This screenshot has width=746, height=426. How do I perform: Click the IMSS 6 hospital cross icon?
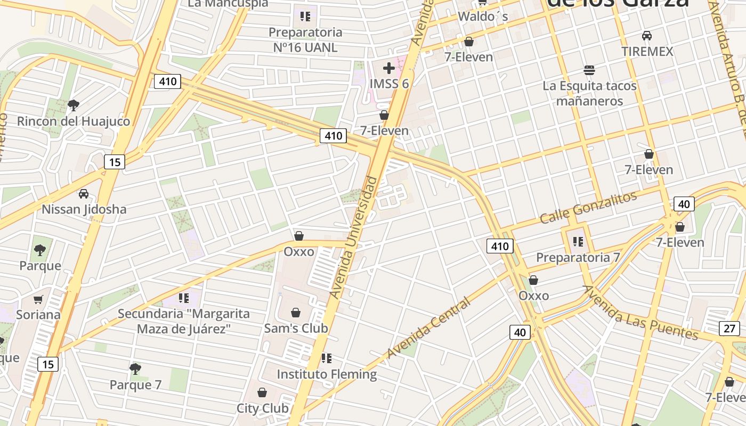pos(389,68)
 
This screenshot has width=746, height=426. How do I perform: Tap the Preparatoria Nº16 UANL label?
pos(305,40)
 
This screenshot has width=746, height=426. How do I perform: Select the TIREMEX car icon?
pos(646,36)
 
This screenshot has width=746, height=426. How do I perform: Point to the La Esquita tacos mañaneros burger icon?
pos(589,70)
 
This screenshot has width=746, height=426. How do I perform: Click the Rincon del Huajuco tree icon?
pos(74,105)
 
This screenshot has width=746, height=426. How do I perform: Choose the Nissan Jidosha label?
pos(84,209)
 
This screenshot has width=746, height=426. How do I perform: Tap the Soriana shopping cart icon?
pos(38,300)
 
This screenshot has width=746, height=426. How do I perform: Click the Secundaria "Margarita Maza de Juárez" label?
pos(184,321)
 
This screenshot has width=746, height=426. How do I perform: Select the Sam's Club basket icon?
pos(296,313)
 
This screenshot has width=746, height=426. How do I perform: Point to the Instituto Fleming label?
pos(327,374)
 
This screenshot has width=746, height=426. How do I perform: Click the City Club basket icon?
pos(262,392)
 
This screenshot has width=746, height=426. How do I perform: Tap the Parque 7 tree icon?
pos(135,368)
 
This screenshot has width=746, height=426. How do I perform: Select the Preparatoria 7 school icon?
pos(578,242)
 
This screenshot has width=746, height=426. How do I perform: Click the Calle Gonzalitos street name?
pos(588,208)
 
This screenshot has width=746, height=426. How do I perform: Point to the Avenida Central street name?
pos(428,328)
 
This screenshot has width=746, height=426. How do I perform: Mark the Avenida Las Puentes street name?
pos(640,313)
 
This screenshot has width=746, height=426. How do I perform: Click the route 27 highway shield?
pos(729,328)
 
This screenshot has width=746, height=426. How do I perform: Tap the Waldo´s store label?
pos(483,17)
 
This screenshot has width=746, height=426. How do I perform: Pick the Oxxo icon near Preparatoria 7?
pos(533,280)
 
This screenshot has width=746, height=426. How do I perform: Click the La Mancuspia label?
pos(228,3)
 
